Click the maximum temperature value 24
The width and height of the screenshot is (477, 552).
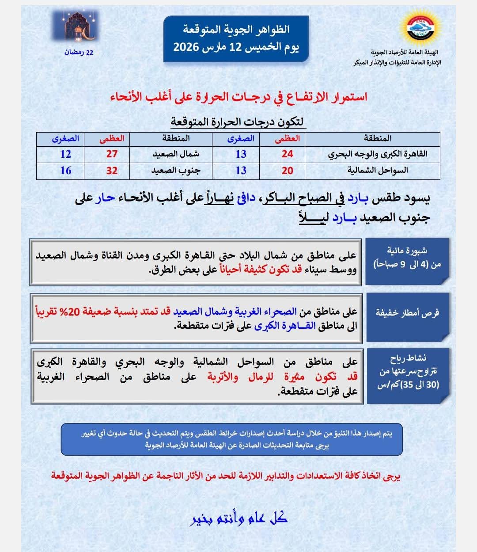(x=287, y=154)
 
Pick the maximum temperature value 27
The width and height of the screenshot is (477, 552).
(x=112, y=154)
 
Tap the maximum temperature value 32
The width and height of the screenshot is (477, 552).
(x=112, y=171)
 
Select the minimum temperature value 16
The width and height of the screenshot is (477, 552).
(x=65, y=171)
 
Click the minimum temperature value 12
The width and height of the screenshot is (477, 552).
(x=65, y=154)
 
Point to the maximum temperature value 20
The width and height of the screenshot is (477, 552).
(x=287, y=171)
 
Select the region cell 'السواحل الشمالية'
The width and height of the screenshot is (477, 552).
(x=378, y=171)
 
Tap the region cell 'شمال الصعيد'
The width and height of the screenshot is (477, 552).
(x=176, y=154)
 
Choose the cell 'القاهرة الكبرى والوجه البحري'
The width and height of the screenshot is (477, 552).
(x=378, y=154)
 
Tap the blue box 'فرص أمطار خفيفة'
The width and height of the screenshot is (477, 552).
(x=407, y=313)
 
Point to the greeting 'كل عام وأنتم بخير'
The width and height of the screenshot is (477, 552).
(x=238, y=518)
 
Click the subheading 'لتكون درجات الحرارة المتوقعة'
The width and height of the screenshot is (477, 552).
(x=238, y=121)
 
